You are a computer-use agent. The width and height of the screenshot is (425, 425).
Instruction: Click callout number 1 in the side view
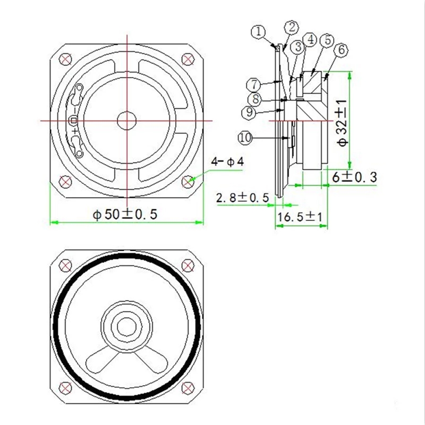point(258,32)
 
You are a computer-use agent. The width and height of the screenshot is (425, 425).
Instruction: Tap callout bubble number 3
point(298,47)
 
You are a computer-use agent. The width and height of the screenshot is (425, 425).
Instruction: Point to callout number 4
point(311,40)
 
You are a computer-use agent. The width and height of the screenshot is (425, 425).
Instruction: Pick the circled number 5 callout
point(328,40)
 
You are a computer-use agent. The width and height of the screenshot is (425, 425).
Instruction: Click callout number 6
point(342,50)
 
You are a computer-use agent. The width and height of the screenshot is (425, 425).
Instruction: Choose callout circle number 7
point(254,84)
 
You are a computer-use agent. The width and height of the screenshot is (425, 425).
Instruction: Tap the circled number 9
point(248,112)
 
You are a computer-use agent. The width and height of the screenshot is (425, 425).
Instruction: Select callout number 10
point(245,138)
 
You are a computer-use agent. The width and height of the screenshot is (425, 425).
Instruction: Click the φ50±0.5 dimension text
point(125,214)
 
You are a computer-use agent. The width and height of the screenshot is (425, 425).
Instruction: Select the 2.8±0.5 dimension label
point(242,198)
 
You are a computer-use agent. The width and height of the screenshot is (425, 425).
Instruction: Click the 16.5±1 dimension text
point(301,217)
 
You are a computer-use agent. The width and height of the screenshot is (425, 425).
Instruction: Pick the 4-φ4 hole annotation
point(227,161)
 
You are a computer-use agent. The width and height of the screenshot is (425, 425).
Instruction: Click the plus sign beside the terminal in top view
point(75,129)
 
